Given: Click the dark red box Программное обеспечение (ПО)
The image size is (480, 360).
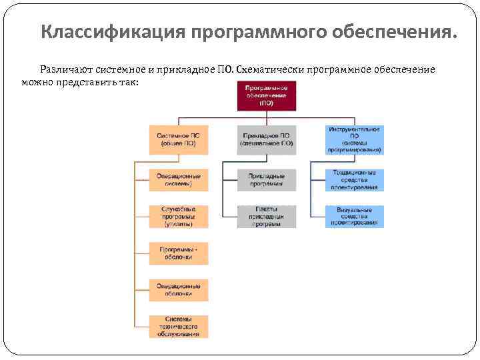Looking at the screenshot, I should pyautogui.click(x=266, y=96).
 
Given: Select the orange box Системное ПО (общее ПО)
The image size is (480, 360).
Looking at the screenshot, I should pyautogui.click(x=178, y=139).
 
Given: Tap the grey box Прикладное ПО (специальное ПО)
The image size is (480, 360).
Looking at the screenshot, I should pyautogui.click(x=266, y=139).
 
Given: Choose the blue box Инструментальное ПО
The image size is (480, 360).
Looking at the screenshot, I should pyautogui.click(x=354, y=139).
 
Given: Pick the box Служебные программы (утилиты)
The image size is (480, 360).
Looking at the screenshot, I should pyautogui.click(x=178, y=217).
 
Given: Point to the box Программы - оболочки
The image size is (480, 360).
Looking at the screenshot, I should pyautogui.click(x=178, y=253).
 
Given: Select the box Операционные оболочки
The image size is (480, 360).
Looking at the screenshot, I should pyautogui.click(x=178, y=289).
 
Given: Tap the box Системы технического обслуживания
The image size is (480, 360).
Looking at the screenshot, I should pyautogui.click(x=178, y=327).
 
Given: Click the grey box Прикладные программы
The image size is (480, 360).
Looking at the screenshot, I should pyautogui.click(x=266, y=179).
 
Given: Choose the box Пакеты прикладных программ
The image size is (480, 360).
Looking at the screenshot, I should pyautogui.click(x=266, y=217).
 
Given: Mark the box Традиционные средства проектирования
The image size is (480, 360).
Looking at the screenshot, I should pyautogui.click(x=354, y=179).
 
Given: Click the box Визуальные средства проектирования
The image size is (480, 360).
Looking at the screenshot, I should pyautogui.click(x=354, y=217).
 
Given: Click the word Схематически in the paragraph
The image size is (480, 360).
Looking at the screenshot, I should pyautogui.click(x=270, y=70).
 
